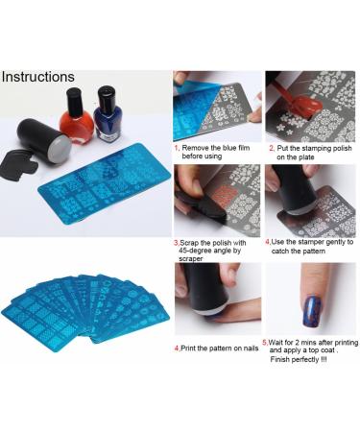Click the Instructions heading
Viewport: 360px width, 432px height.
pyautogui.click(x=38, y=76)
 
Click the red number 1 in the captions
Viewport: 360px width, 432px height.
pyautogui.click(x=176, y=149)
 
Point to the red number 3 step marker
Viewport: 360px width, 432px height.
pyautogui.click(x=176, y=242)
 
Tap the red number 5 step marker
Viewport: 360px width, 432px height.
pyautogui.click(x=265, y=340)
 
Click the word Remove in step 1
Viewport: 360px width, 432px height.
pyautogui.click(x=196, y=149)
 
